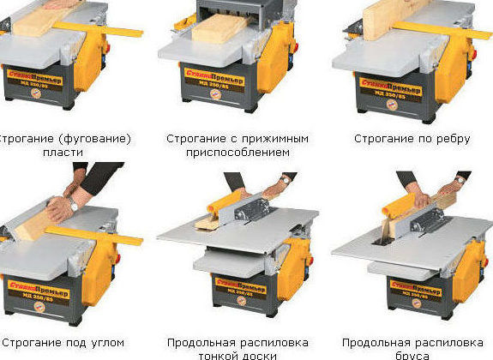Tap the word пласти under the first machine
67,152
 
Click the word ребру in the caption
452,138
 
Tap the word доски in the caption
261,355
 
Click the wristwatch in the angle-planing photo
74,205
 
